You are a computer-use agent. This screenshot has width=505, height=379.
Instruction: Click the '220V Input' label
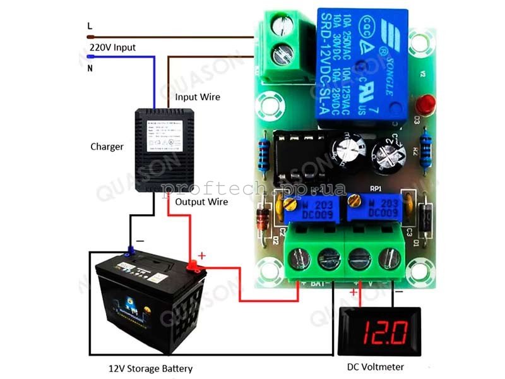click(x=112, y=47)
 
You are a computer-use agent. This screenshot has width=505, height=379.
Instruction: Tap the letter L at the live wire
click(x=89, y=26)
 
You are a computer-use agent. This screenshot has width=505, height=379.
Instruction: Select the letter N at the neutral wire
click(x=89, y=68)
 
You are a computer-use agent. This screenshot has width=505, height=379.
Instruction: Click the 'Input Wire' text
click(x=198, y=97)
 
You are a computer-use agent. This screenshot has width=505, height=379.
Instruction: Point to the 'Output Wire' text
click(x=201, y=202)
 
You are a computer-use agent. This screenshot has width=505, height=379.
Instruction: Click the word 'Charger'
click(x=107, y=147)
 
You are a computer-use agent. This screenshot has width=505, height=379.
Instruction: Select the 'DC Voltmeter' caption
click(x=376, y=366)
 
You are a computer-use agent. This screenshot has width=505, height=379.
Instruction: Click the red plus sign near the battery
click(x=202, y=255)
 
